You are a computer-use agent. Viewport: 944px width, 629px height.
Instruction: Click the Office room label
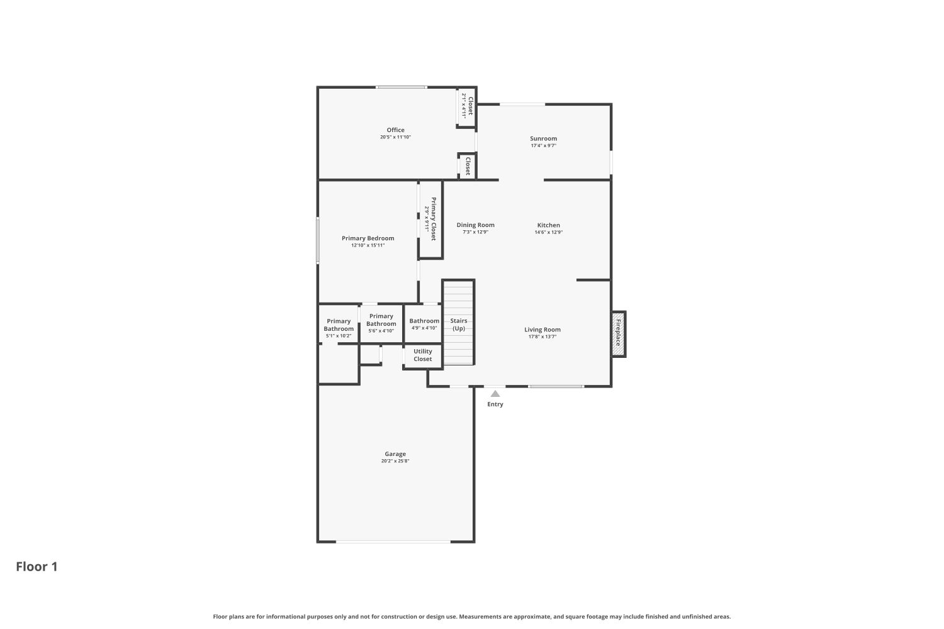(x=395, y=130)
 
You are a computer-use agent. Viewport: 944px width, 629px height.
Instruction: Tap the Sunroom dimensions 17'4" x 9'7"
(x=543, y=146)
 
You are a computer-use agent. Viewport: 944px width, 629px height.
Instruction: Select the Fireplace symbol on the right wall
(x=618, y=333)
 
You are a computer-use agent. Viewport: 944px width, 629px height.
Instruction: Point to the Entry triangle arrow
(x=495, y=394)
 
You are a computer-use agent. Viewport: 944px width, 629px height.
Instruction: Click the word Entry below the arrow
(x=495, y=404)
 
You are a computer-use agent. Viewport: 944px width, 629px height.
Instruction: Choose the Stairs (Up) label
(x=459, y=325)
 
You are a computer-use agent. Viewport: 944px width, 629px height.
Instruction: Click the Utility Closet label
(x=423, y=355)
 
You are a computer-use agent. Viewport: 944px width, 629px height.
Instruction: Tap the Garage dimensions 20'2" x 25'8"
(x=395, y=461)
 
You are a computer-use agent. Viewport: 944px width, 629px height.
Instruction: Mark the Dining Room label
(x=475, y=225)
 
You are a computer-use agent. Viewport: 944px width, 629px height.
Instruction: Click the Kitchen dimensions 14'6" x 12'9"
(x=548, y=232)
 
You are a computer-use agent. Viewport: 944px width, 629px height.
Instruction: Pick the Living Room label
(x=542, y=330)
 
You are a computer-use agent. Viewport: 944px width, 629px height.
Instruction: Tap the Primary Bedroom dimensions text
(x=368, y=245)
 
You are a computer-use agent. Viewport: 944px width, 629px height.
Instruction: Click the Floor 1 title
(x=37, y=567)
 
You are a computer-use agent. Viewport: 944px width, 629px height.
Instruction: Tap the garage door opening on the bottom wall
(x=393, y=542)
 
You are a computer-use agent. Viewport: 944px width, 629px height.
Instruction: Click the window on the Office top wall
(x=400, y=87)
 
